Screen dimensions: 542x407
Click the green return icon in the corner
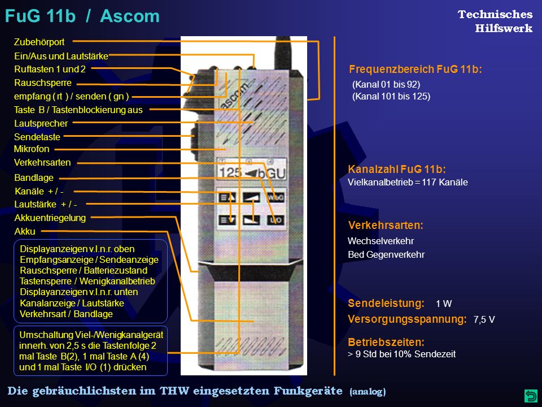[531, 395]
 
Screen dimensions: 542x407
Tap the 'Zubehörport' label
[39, 42]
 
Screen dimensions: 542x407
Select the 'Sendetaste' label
[37, 137]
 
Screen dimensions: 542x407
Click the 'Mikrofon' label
[32, 149]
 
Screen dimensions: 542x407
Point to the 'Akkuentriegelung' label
[50, 218]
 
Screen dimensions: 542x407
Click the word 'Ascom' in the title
[130, 16]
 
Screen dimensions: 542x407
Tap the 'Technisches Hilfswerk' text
[495, 21]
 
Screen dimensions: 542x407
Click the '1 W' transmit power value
[444, 304]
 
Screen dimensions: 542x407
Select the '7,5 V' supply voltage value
[484, 319]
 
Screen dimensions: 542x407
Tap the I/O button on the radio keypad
[276, 220]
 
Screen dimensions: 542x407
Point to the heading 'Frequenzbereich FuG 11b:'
[415, 69]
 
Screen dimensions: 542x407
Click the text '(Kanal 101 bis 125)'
[391, 96]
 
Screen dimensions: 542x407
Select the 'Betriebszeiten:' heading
[386, 343]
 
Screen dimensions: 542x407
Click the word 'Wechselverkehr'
[381, 241]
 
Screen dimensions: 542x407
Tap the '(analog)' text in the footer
[368, 392]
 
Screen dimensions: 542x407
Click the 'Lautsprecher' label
[41, 124]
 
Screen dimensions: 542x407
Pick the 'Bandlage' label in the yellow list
[34, 178]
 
